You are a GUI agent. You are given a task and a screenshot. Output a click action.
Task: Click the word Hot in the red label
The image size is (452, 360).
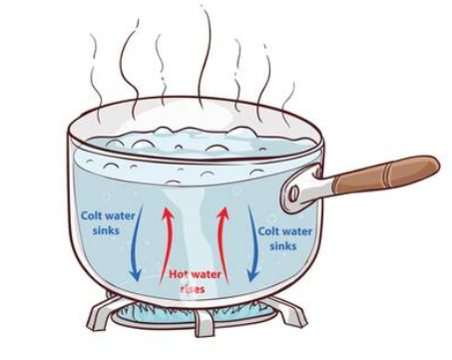point(179,274)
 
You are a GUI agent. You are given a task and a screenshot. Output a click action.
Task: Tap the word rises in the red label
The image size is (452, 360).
point(192,288)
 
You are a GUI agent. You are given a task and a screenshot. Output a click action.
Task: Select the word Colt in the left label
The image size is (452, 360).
point(91,215)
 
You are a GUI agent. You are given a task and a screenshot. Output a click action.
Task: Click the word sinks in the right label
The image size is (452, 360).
point(283,246)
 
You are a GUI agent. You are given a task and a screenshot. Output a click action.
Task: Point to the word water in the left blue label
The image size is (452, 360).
point(120,216)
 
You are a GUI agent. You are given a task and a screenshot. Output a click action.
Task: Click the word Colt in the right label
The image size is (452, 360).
point(268,231)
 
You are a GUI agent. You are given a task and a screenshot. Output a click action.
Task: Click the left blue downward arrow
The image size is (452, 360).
point(138,242)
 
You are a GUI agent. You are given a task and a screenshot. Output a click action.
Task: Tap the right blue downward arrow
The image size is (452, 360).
point(254,242)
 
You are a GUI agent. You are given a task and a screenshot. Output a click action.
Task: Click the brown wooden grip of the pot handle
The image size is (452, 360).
point(386,175)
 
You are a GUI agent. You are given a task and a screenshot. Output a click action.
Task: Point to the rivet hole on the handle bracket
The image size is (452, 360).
point(293,193)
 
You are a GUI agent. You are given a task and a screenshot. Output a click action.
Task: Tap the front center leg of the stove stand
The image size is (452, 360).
point(204,322)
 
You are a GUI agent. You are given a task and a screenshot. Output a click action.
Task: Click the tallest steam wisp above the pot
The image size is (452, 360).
point(204,57)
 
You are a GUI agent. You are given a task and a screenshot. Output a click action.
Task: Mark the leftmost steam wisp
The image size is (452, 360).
point(97,78)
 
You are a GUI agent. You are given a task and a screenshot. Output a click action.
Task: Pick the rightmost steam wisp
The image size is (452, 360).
point(288,103)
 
